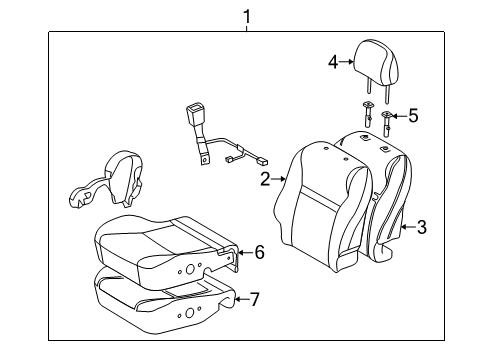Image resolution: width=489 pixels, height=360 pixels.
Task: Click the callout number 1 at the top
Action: click(x=245, y=14)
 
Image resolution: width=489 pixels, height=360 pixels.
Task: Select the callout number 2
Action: click(x=265, y=180)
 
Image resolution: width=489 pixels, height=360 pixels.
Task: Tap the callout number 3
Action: click(x=422, y=228)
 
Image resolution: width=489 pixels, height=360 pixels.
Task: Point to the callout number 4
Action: click(x=334, y=63)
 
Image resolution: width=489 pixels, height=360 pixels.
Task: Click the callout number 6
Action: click(x=259, y=253)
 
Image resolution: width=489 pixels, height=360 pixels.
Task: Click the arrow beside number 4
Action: click(x=348, y=63)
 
